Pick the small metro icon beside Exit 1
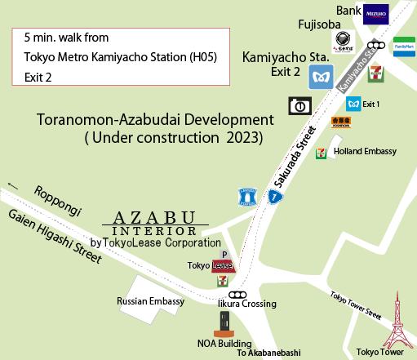(x=353, y=104)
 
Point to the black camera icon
(x=299, y=105)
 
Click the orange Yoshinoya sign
(x=340, y=122)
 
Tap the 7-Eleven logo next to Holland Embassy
(x=322, y=152)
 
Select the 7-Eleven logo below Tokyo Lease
(x=222, y=279)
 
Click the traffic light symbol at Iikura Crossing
(x=238, y=294)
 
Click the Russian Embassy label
(x=149, y=300)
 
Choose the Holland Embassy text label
(x=366, y=152)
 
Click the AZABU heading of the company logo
(x=155, y=218)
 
